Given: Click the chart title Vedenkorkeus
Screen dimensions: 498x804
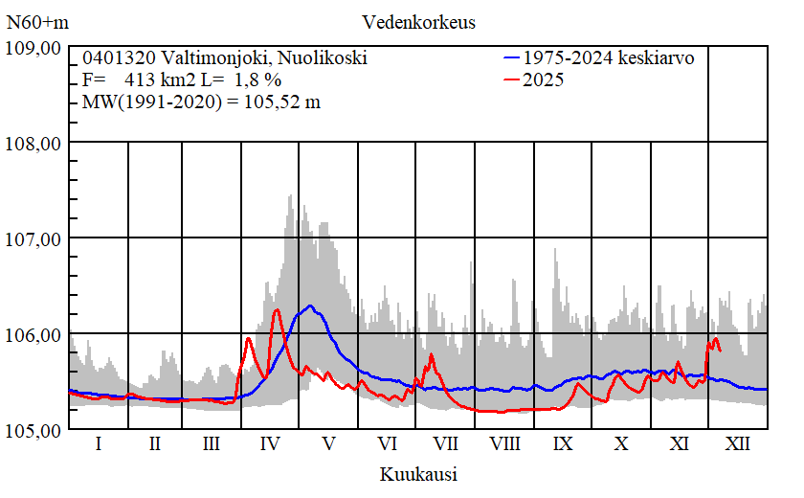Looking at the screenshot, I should pyautogui.click(x=418, y=22).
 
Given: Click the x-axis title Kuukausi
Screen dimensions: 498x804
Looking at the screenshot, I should pyautogui.click(x=417, y=473).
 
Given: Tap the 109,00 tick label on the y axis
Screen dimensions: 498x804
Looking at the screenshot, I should pyautogui.click(x=34, y=48).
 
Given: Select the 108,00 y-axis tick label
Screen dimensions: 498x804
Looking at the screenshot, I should pyautogui.click(x=34, y=144).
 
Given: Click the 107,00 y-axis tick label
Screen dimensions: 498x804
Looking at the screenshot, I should pyautogui.click(x=34, y=238).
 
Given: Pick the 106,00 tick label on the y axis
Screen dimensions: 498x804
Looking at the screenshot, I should pyautogui.click(x=34, y=334).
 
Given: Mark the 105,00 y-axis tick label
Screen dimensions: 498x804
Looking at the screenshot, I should pyautogui.click(x=34, y=430).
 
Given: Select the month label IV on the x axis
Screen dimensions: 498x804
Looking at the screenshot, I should pyautogui.click(x=270, y=444).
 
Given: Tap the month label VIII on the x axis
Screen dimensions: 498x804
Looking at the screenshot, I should pyautogui.click(x=504, y=444).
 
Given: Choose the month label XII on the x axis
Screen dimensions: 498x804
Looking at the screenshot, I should pyautogui.click(x=738, y=444).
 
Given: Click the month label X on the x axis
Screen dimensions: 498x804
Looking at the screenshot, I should pyautogui.click(x=621, y=444).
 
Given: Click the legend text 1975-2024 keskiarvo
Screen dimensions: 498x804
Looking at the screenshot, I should pyautogui.click(x=608, y=58).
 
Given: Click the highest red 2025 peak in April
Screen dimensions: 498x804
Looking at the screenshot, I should pyautogui.click(x=277, y=309).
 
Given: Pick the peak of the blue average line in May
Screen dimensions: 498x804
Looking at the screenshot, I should pyautogui.click(x=310, y=306).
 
